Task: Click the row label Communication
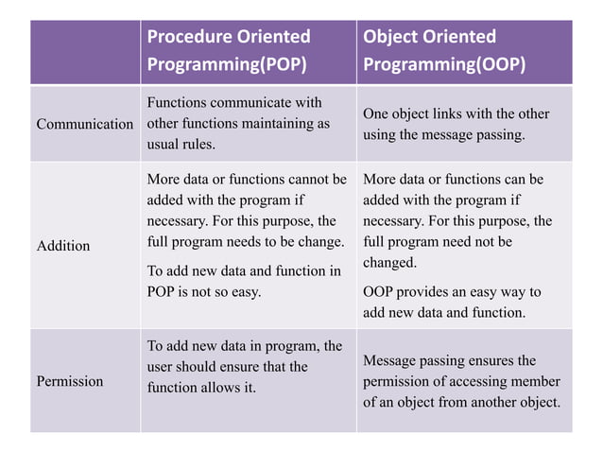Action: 84,125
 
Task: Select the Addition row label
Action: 63,246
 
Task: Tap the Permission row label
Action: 70,381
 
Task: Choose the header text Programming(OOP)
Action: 444,65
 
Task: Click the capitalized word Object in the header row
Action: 391,37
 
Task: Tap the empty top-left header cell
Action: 85,52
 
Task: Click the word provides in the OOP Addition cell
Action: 430,292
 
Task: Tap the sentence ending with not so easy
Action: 243,281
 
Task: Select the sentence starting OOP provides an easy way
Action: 452,302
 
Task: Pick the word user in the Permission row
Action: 162,367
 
